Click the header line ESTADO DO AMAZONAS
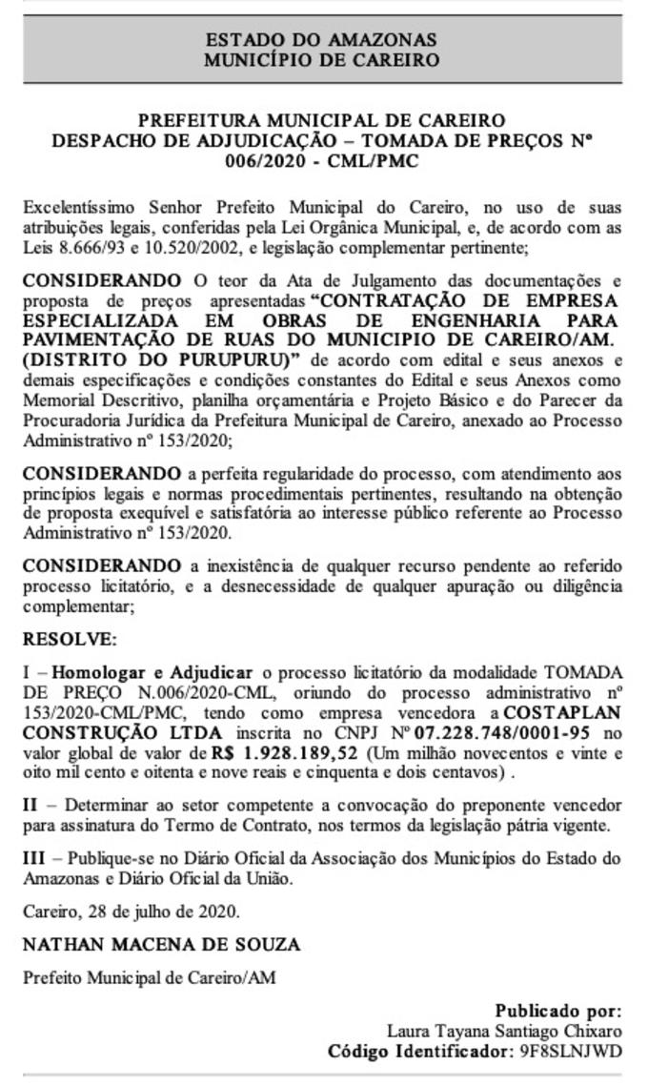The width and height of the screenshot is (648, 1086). point(322,40)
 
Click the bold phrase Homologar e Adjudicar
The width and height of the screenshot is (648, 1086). point(152,672)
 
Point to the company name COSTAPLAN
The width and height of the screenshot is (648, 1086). point(562,712)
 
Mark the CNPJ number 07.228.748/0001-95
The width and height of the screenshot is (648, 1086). point(503,732)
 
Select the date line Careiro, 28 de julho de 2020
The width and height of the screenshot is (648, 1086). point(132,911)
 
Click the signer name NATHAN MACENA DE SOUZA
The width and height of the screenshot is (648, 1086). point(161,945)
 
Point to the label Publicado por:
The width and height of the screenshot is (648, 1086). point(557,1011)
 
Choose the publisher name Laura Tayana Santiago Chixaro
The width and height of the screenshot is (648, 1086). point(504,1031)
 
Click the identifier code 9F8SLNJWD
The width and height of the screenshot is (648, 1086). point(570,1052)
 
